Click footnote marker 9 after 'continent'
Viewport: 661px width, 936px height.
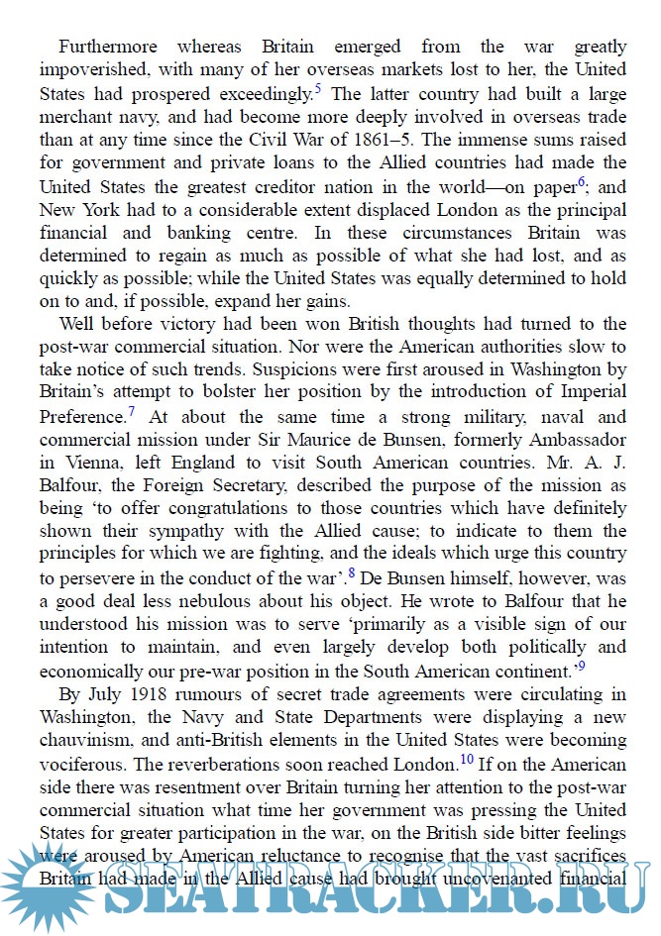pos(581,666)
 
